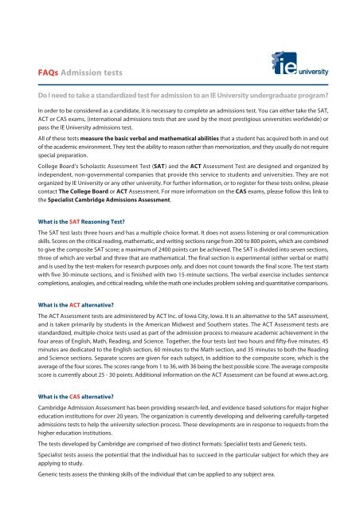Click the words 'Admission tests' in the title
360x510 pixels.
(86, 73)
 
